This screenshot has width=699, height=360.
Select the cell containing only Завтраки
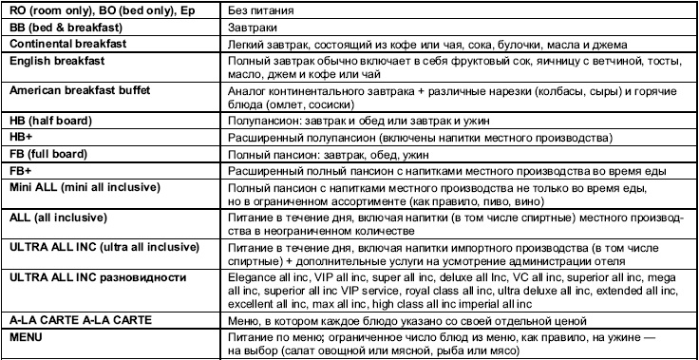coord(254,29)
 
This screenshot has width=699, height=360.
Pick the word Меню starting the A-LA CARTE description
coord(246,321)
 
